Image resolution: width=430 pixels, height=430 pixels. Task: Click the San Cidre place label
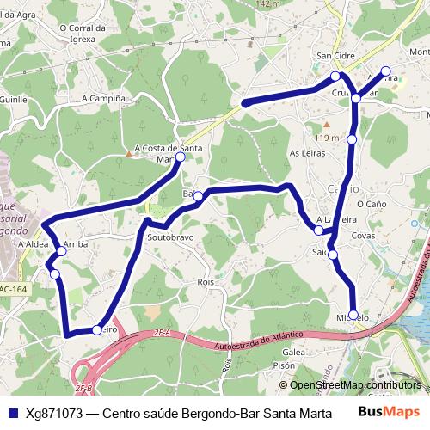[x=336, y=56]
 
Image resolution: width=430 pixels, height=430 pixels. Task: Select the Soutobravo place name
[x=170, y=236]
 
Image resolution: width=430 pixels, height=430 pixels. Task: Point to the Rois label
[x=205, y=281]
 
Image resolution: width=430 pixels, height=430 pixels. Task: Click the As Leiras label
[x=305, y=153]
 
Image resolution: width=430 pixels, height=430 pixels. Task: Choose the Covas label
[x=364, y=235]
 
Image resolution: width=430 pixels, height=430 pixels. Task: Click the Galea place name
[x=294, y=352]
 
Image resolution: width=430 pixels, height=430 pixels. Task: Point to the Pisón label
[x=285, y=365]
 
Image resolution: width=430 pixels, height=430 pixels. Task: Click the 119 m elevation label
[x=328, y=138]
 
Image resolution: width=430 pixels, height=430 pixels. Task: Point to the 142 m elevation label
[x=268, y=5]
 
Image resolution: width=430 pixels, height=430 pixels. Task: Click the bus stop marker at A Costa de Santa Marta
[x=181, y=158]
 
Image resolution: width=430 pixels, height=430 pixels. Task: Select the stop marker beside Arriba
[x=62, y=251]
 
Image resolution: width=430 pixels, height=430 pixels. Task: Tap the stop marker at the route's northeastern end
[x=385, y=71]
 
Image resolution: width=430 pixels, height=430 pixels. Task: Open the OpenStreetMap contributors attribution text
[x=354, y=385]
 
